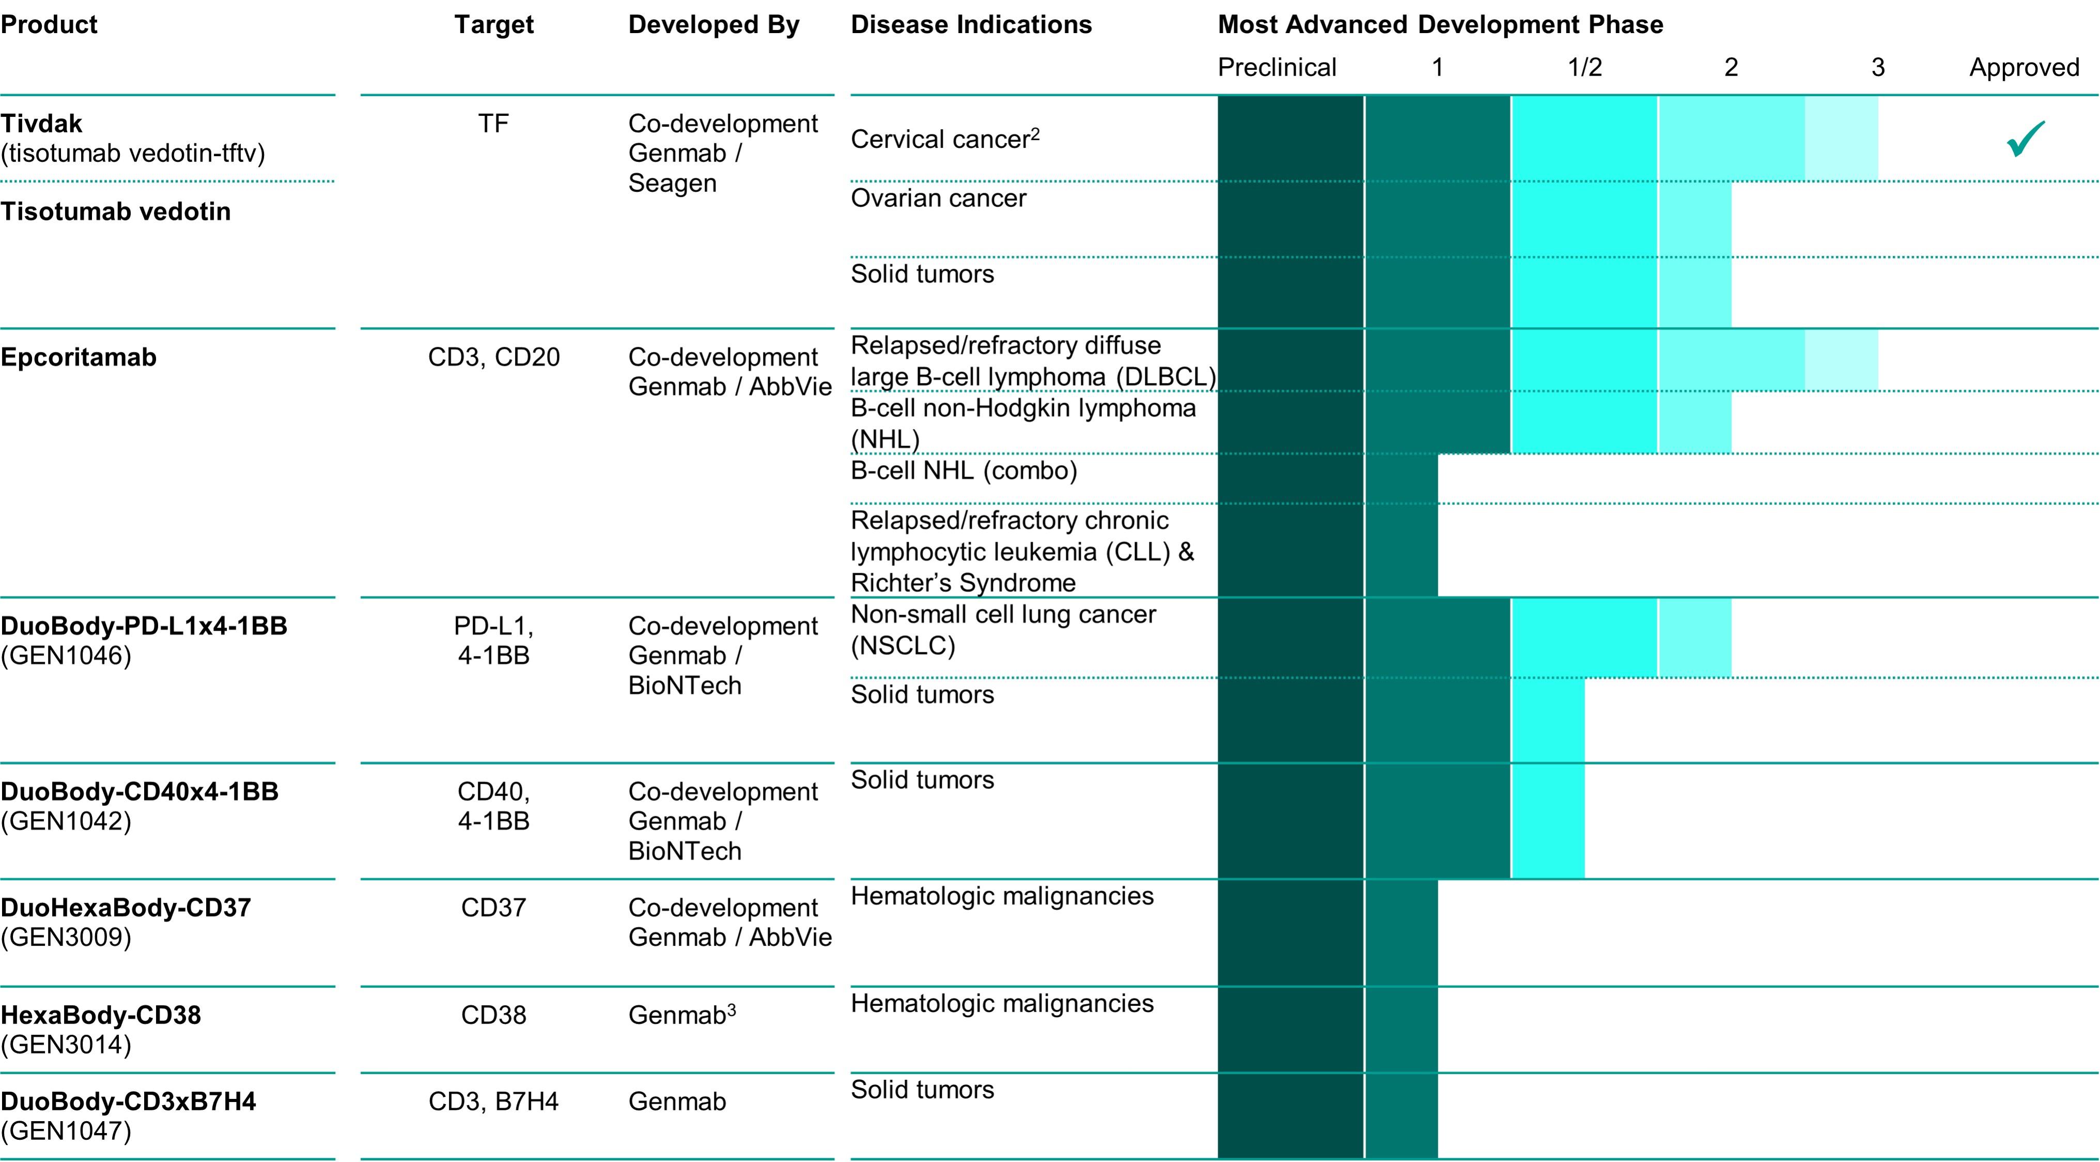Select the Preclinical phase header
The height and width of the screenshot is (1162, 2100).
1277,67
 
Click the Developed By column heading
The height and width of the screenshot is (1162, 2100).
713,24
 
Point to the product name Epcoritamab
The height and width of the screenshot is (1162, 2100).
78,357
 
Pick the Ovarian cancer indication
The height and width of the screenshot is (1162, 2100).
938,198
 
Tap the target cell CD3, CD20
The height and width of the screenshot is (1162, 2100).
493,357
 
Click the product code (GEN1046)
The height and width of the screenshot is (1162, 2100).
66,655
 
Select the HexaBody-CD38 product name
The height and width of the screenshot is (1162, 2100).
100,1015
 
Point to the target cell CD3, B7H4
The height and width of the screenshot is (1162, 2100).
493,1102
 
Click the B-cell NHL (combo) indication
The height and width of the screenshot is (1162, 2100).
963,470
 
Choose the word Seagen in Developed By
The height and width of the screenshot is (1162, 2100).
672,184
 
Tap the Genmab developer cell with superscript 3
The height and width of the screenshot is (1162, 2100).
681,1015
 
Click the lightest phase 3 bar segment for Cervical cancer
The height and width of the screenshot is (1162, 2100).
1841,139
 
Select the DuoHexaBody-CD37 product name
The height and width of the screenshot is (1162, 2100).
126,908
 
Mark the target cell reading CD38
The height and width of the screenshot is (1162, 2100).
493,1015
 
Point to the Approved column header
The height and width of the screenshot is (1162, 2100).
2024,67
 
